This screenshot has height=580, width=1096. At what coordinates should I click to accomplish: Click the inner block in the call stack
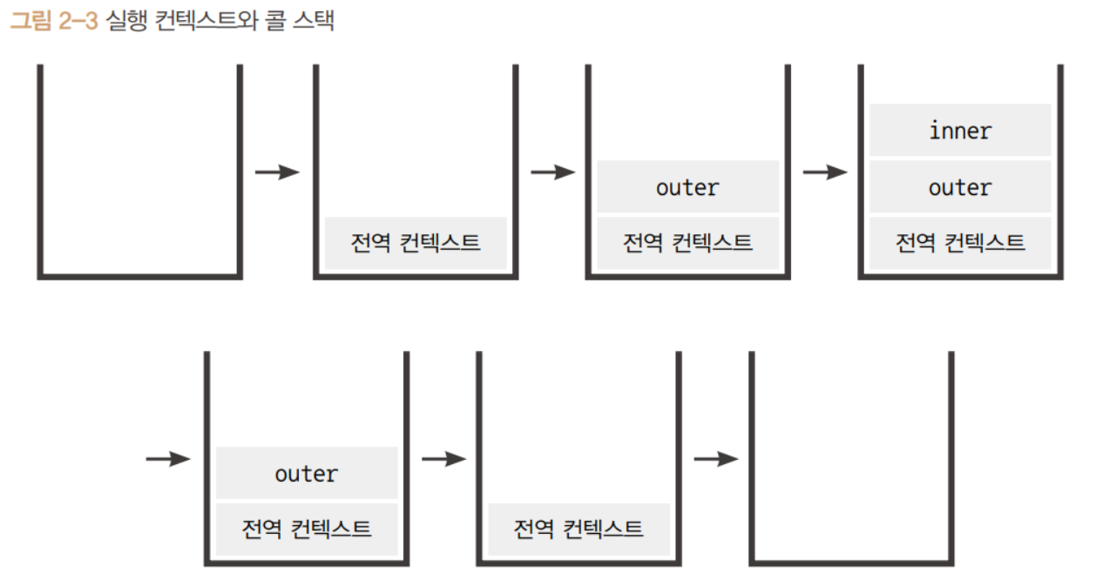(960, 130)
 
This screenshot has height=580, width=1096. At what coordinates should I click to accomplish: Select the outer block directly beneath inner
(960, 187)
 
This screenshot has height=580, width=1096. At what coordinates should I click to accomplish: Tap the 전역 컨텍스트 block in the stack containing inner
(960, 243)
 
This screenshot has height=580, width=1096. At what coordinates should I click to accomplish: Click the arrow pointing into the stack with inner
(825, 172)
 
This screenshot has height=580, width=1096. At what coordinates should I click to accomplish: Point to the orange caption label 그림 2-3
(54, 21)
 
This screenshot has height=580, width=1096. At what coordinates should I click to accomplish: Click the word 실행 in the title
(126, 21)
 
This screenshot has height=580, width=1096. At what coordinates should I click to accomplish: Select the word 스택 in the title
(313, 21)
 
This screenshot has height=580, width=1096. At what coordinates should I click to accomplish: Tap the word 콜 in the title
(275, 21)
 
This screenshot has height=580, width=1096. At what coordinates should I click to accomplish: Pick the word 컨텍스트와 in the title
(206, 21)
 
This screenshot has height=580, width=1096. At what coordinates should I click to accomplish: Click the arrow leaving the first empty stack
(277, 172)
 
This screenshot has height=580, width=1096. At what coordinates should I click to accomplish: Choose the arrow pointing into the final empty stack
(716, 459)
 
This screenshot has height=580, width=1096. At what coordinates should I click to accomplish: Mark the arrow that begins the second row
(168, 459)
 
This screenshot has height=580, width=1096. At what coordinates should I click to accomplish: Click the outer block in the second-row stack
(307, 473)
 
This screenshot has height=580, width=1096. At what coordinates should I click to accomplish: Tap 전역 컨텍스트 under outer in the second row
(307, 529)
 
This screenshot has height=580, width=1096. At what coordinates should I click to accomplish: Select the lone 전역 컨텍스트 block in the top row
(416, 243)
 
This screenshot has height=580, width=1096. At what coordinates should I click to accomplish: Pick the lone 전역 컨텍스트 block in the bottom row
(578, 529)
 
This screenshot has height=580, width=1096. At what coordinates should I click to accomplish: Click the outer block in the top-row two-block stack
(688, 187)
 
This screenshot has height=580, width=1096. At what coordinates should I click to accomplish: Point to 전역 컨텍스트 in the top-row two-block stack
(688, 243)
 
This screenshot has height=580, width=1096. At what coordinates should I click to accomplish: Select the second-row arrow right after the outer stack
(443, 459)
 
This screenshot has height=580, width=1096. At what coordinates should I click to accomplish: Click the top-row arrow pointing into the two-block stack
(553, 172)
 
